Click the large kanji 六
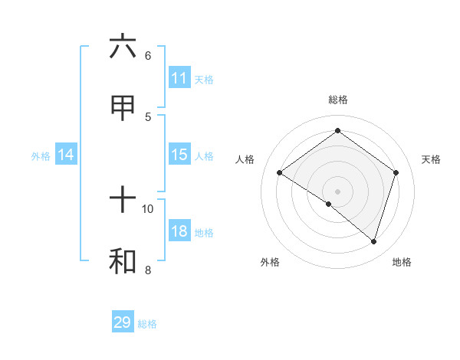123,47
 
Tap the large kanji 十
123,201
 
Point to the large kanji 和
123,261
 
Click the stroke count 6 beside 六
148,56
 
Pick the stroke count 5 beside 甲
148,116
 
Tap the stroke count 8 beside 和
148,270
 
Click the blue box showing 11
179,77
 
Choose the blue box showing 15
179,155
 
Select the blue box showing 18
179,231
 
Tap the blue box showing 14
66,155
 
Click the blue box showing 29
123,322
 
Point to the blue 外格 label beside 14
41,156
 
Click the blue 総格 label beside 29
147,324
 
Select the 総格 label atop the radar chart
337,100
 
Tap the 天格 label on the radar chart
431,159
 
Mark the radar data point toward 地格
373,241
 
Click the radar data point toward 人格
279,173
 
